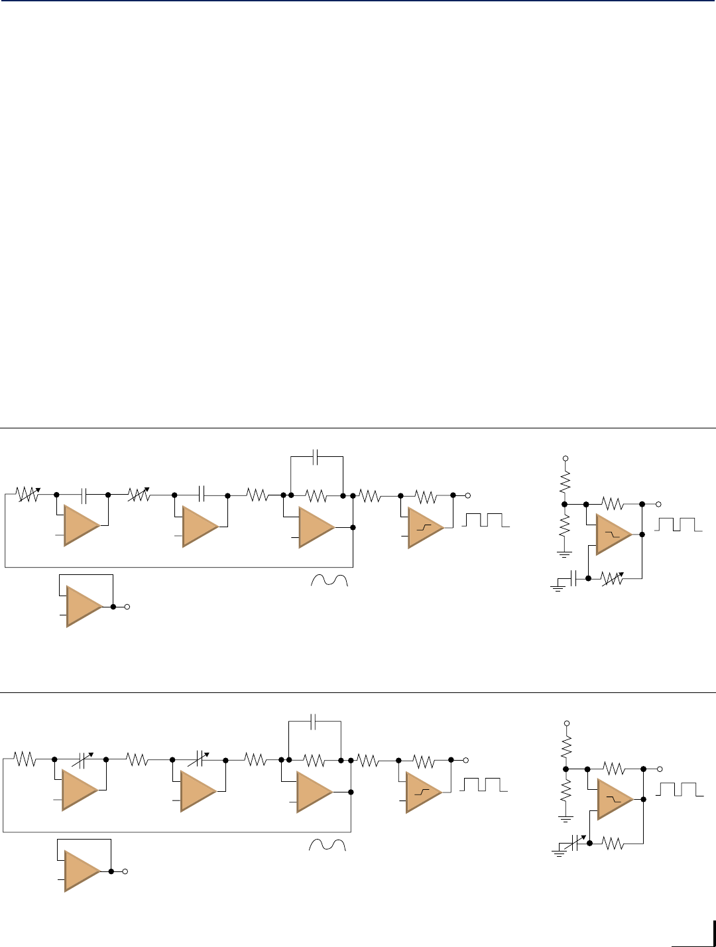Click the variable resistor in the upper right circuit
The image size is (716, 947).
tap(613, 578)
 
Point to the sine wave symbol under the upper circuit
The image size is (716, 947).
tap(329, 580)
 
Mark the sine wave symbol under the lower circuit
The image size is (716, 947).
tap(328, 845)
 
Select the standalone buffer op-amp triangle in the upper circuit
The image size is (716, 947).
tap(83, 606)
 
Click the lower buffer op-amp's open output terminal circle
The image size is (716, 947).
tap(125, 871)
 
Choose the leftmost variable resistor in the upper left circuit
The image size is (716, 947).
tap(28, 495)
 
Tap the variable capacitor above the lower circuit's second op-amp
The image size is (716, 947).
tap(200, 759)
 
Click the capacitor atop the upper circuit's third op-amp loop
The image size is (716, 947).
tap(316, 456)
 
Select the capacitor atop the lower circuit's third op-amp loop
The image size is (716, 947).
tap(314, 721)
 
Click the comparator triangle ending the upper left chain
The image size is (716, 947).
tap(424, 527)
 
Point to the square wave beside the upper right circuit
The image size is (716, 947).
tap(678, 525)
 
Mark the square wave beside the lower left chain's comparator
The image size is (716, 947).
tap(484, 785)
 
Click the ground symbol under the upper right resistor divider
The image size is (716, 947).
tap(564, 554)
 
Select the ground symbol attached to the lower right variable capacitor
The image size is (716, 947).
tap(558, 853)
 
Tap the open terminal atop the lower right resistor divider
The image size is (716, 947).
tap(566, 723)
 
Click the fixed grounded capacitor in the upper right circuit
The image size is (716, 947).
tap(574, 578)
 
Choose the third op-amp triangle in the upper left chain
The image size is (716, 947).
tap(316, 527)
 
